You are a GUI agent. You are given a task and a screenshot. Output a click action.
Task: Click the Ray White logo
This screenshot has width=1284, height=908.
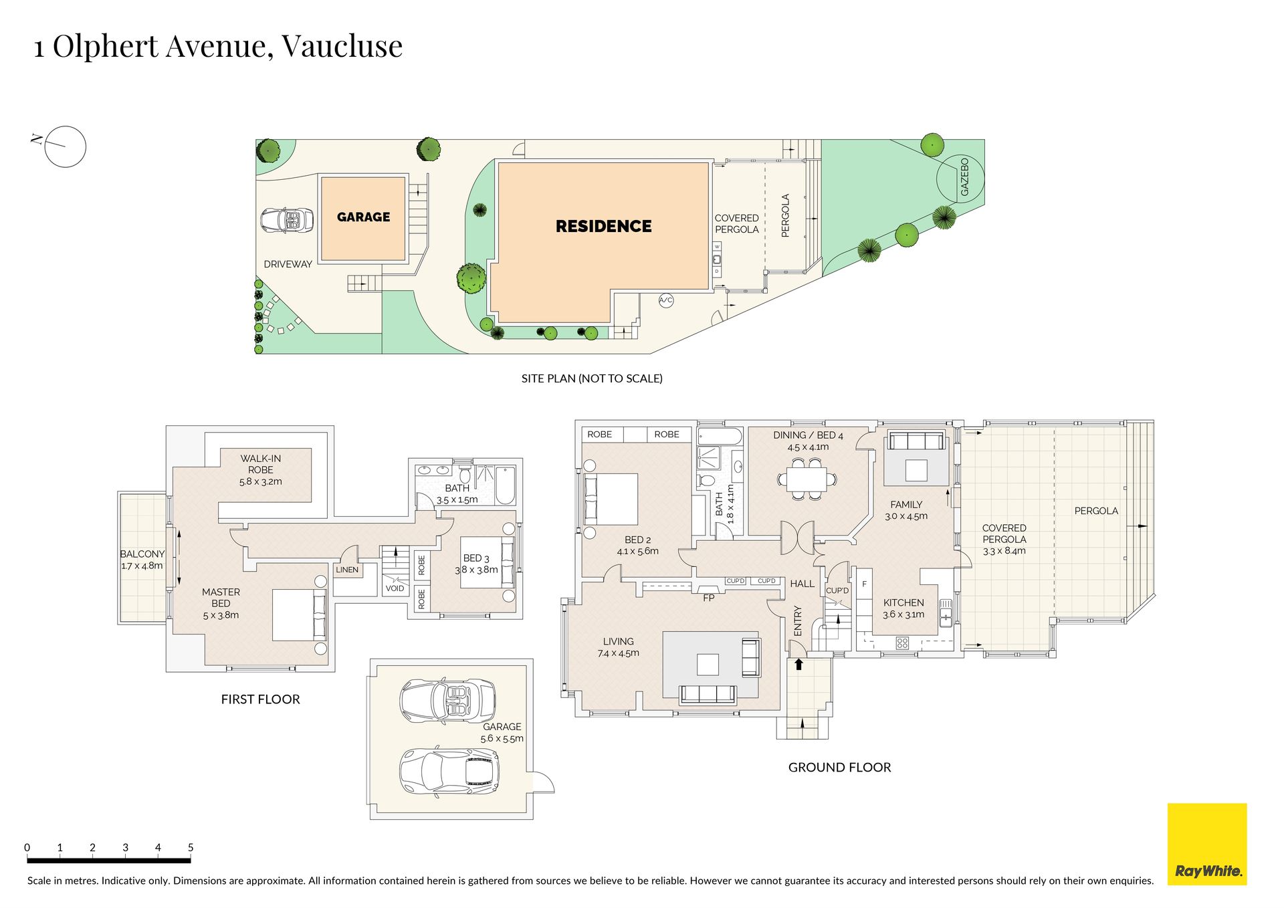tap(1207, 844)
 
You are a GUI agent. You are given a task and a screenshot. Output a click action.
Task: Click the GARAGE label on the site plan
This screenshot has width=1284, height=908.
tap(363, 217)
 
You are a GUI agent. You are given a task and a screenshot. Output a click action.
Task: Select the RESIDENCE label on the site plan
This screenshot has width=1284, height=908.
tap(603, 226)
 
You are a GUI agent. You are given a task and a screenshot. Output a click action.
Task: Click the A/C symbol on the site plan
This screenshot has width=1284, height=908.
tap(666, 300)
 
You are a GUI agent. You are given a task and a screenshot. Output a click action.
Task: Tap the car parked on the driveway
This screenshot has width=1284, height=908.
tap(287, 220)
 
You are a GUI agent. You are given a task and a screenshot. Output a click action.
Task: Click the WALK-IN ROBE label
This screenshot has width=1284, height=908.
tap(261, 464)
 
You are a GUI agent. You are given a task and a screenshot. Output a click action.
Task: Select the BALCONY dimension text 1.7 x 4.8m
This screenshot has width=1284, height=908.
tap(142, 566)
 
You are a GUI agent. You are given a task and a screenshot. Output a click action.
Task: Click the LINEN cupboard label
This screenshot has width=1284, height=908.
tap(347, 570)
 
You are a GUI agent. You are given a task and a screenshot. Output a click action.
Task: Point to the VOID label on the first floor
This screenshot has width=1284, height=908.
tap(395, 588)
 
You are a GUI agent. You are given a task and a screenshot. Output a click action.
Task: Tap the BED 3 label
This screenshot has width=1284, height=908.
tap(476, 558)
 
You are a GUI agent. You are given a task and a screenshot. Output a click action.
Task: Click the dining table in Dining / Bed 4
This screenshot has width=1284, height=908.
tap(807, 479)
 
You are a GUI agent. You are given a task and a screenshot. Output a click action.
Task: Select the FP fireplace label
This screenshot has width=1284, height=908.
tap(709, 598)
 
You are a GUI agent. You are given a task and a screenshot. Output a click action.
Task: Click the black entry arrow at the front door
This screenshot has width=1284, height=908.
tap(798, 664)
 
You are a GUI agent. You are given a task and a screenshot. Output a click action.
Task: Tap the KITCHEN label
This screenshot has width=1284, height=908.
tap(903, 602)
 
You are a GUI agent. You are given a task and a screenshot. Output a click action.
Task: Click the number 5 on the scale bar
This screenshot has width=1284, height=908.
tap(191, 847)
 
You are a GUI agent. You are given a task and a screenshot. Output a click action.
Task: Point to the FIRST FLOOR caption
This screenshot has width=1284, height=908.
tap(260, 699)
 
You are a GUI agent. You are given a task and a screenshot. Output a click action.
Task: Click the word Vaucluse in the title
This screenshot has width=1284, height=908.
tap(342, 46)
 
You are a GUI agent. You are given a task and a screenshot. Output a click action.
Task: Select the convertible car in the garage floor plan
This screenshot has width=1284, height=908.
tap(447, 701)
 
